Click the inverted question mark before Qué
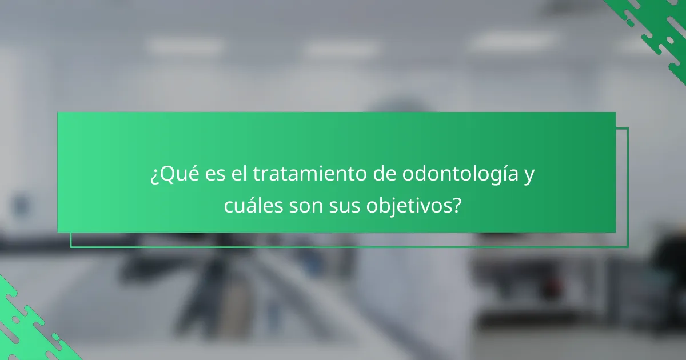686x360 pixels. pos(153,175)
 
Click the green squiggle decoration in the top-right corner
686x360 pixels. pos(657,26)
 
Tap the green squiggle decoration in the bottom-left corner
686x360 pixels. pos(29,326)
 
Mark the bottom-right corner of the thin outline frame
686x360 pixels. pos(628,247)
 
